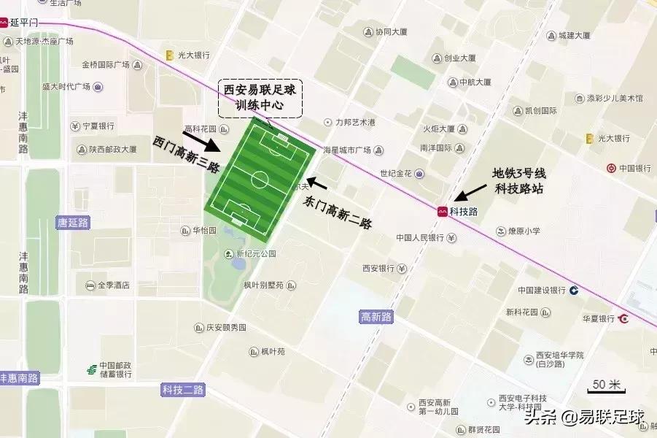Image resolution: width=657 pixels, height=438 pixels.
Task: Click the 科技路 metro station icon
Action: (x=442, y=211)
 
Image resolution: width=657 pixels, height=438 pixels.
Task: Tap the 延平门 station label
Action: (x=23, y=23)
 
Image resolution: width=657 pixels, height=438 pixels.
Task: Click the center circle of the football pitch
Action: (x=260, y=179)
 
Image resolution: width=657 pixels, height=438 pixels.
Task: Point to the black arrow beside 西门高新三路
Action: (x=198, y=139)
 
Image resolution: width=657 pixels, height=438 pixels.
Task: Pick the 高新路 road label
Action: (x=376, y=317)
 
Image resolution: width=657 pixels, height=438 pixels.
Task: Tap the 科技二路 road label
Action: (x=183, y=390)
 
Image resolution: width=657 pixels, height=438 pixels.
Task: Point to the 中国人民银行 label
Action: (x=420, y=237)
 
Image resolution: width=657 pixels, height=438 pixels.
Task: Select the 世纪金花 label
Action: (x=396, y=174)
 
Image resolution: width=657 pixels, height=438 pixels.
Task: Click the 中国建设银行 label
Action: (x=542, y=290)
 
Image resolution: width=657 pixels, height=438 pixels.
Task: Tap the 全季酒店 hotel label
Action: (x=113, y=285)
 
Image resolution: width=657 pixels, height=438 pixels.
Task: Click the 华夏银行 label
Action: (x=599, y=318)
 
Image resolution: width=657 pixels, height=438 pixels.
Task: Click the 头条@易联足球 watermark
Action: (x=583, y=418)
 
